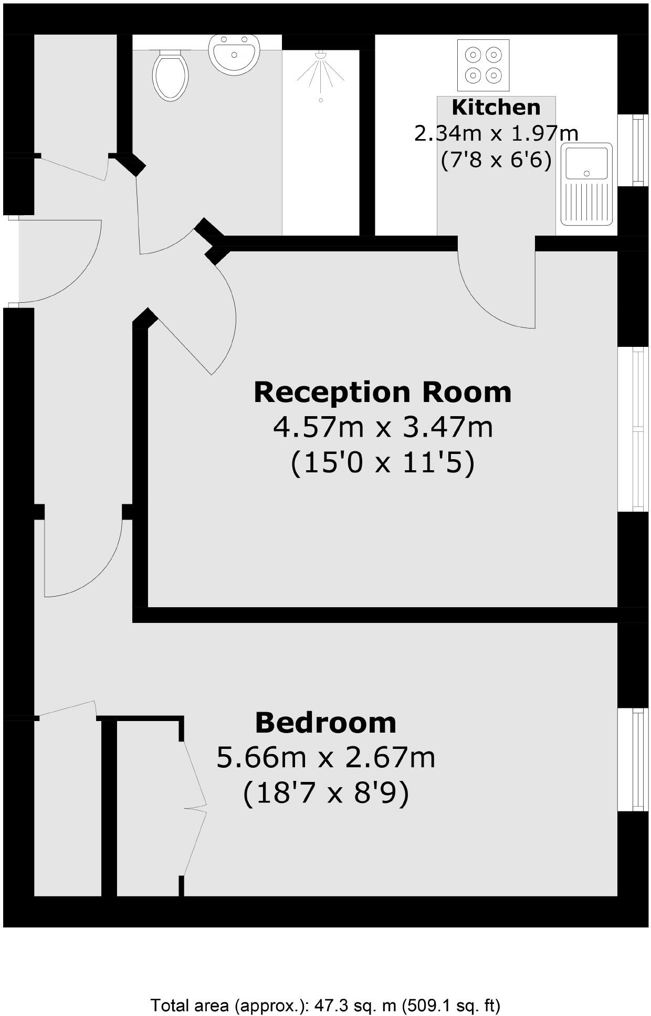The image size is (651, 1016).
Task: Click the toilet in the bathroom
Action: [x=170, y=75]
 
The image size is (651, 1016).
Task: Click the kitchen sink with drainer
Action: [x=586, y=184]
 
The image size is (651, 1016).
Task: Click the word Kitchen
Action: [x=496, y=107]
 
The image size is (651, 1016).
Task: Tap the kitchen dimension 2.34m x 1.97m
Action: [x=496, y=133]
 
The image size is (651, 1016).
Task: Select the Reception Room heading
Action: [x=382, y=392]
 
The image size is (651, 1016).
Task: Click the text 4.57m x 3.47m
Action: [x=383, y=427]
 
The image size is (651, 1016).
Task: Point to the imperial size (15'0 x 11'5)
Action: [x=383, y=463]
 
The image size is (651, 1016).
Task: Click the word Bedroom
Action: [x=325, y=723]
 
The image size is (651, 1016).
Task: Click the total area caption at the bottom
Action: [x=325, y=1006]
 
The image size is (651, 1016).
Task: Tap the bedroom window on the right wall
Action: [x=634, y=759]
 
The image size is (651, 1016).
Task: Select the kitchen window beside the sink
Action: [x=634, y=150]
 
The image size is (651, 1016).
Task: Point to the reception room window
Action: [x=634, y=429]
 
